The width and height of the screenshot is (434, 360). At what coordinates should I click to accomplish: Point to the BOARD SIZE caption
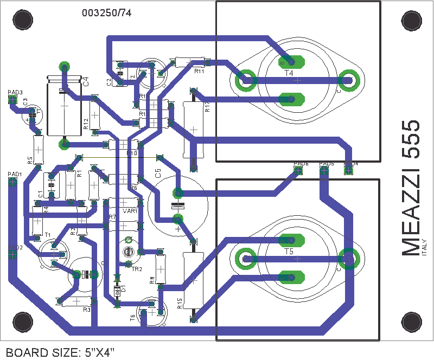(x=60, y=352)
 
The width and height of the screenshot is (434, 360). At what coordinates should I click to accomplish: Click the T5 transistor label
(x=288, y=253)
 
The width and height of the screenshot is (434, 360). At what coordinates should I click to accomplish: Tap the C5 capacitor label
(x=158, y=173)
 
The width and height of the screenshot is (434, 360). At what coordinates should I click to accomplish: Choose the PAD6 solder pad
(x=297, y=170)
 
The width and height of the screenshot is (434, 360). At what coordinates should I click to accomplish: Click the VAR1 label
(x=130, y=211)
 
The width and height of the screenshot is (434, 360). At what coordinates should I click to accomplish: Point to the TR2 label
(x=137, y=269)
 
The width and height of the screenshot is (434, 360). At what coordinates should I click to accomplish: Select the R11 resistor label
(x=199, y=70)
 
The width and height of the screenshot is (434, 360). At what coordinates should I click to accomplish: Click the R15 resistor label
(x=179, y=303)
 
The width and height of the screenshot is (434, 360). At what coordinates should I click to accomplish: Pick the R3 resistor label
(x=87, y=310)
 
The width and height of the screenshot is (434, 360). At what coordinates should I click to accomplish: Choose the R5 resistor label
(x=30, y=160)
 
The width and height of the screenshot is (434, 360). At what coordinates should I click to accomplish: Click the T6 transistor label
(x=132, y=318)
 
